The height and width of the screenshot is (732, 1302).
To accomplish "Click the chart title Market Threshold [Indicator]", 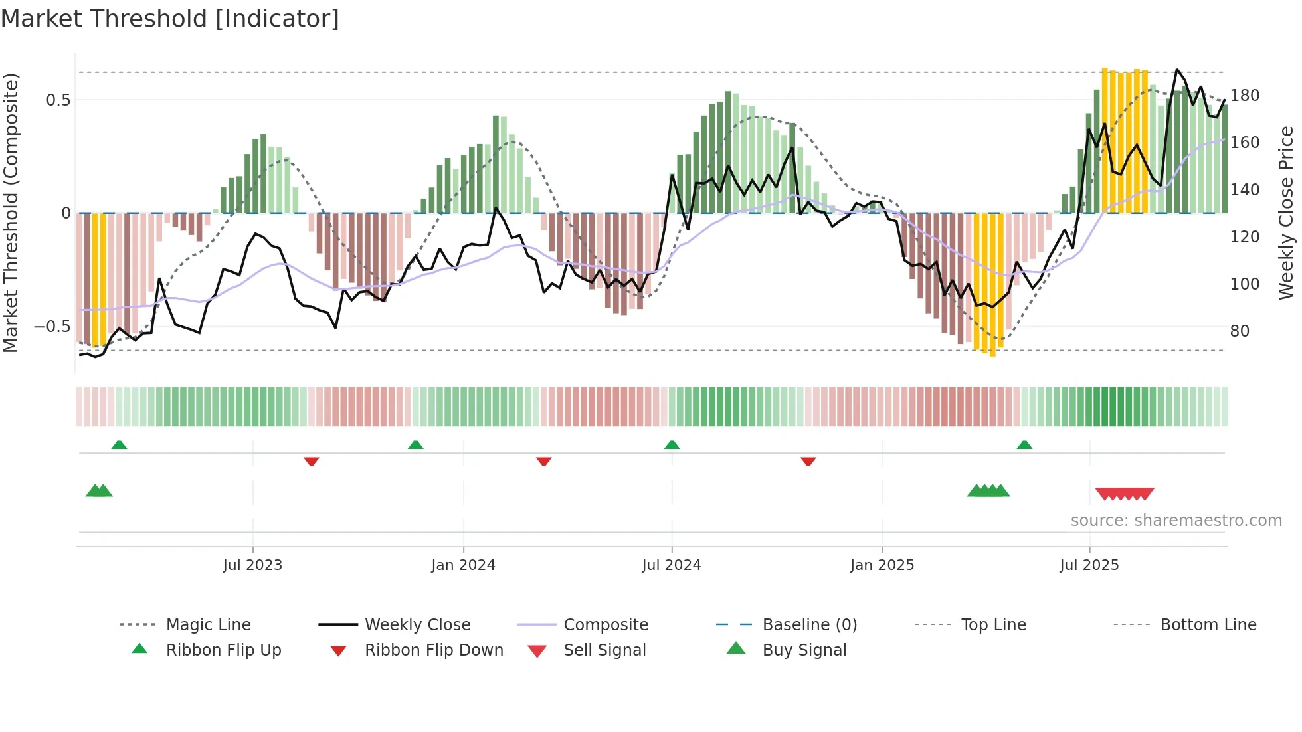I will pyautogui.click(x=170, y=19).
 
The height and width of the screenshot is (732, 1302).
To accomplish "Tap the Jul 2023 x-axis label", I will pyautogui.click(x=252, y=565).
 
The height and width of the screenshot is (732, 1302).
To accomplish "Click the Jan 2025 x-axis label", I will pyautogui.click(x=882, y=565).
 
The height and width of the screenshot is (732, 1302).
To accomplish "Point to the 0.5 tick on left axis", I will pyautogui.click(x=58, y=100).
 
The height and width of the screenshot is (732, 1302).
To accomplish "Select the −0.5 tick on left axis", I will pyautogui.click(x=52, y=327).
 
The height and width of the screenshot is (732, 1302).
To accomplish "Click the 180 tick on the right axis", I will pyautogui.click(x=1244, y=96).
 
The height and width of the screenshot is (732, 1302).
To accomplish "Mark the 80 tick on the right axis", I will pyautogui.click(x=1240, y=331).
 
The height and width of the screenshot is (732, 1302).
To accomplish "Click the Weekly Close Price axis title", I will pyautogui.click(x=1286, y=213).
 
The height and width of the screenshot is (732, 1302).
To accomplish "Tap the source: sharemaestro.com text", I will pyautogui.click(x=1176, y=521).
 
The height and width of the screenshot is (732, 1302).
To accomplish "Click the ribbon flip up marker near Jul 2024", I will pyautogui.click(x=672, y=444).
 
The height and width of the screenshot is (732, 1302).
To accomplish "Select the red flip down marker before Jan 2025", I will pyautogui.click(x=808, y=461).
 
